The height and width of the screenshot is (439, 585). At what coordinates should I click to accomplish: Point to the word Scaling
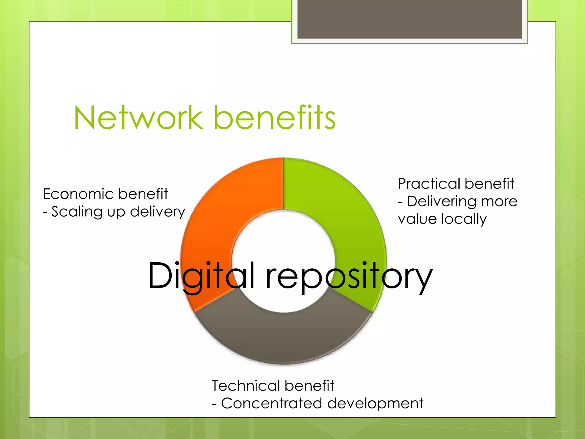77,212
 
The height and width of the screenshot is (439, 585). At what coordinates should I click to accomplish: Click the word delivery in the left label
158,212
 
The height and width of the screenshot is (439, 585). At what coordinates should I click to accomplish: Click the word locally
464,219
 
